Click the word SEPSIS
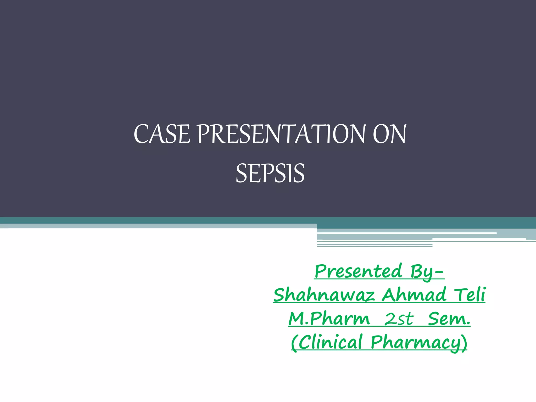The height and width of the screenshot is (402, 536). (270, 173)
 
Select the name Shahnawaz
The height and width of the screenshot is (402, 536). (324, 295)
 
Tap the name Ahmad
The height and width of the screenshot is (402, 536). (414, 295)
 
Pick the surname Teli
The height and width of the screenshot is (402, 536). (470, 295)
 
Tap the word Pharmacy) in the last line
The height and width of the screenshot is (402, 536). (419, 342)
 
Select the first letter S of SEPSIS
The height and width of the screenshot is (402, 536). (241, 173)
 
